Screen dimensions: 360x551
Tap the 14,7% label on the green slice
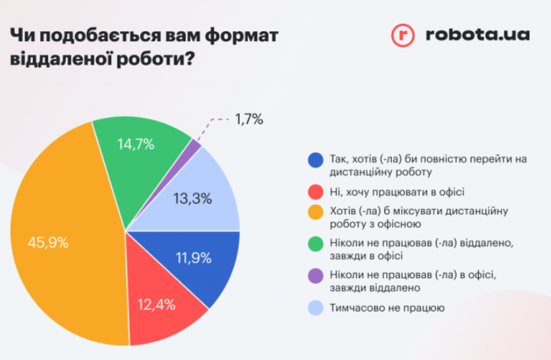(x=135, y=145)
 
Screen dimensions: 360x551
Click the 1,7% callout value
(x=249, y=120)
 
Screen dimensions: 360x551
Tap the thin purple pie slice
(x=195, y=147)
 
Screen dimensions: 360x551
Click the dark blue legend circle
(x=315, y=159)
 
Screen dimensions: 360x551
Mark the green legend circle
(x=315, y=245)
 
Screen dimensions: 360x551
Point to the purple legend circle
(x=315, y=276)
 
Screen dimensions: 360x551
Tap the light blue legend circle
(x=315, y=308)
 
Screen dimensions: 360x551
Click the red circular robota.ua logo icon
(x=402, y=35)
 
